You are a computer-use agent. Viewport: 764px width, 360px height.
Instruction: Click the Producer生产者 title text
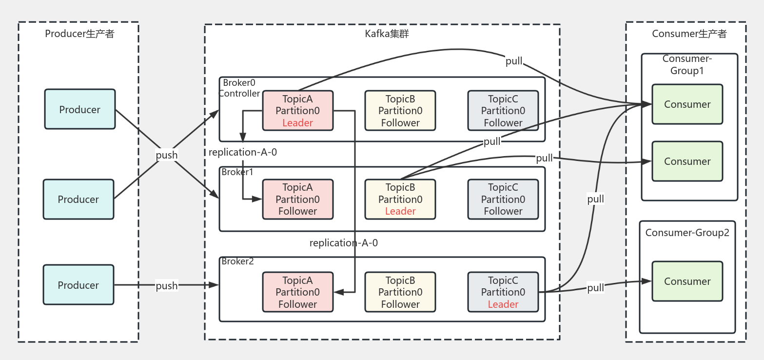click(x=79, y=34)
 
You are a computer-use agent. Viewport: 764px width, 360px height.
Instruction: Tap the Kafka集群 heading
click(x=383, y=34)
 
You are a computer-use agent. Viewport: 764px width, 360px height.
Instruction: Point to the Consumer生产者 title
click(x=686, y=34)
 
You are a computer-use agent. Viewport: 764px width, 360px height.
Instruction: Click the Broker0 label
click(x=239, y=83)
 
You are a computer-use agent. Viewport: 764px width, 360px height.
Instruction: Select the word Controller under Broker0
click(x=239, y=93)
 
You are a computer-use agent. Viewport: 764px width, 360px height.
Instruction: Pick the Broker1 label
click(x=237, y=172)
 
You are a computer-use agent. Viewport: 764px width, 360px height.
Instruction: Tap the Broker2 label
click(x=237, y=261)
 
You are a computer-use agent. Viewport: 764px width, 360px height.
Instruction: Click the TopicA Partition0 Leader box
click(x=297, y=111)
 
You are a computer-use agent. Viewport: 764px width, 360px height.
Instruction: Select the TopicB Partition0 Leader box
click(x=400, y=199)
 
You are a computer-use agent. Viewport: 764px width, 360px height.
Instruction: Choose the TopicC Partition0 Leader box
click(x=503, y=292)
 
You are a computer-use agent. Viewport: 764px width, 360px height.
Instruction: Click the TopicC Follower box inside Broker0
click(x=503, y=111)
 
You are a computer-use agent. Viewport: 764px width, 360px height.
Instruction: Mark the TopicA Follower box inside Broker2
click(x=297, y=292)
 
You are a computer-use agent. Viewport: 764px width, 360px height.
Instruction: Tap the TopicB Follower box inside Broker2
click(x=400, y=292)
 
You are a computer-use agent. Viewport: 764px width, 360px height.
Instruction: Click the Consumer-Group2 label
click(x=687, y=233)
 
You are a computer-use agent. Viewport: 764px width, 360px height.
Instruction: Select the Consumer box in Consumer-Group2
click(x=687, y=281)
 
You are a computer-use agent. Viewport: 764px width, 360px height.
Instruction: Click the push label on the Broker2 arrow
click(x=167, y=285)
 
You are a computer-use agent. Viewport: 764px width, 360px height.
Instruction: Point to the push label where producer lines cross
click(x=167, y=155)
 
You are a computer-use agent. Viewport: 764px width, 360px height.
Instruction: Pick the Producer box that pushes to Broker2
click(x=78, y=285)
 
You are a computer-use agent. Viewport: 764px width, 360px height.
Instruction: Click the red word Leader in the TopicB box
click(x=400, y=211)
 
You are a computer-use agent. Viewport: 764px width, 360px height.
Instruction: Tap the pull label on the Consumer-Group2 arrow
click(x=595, y=288)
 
